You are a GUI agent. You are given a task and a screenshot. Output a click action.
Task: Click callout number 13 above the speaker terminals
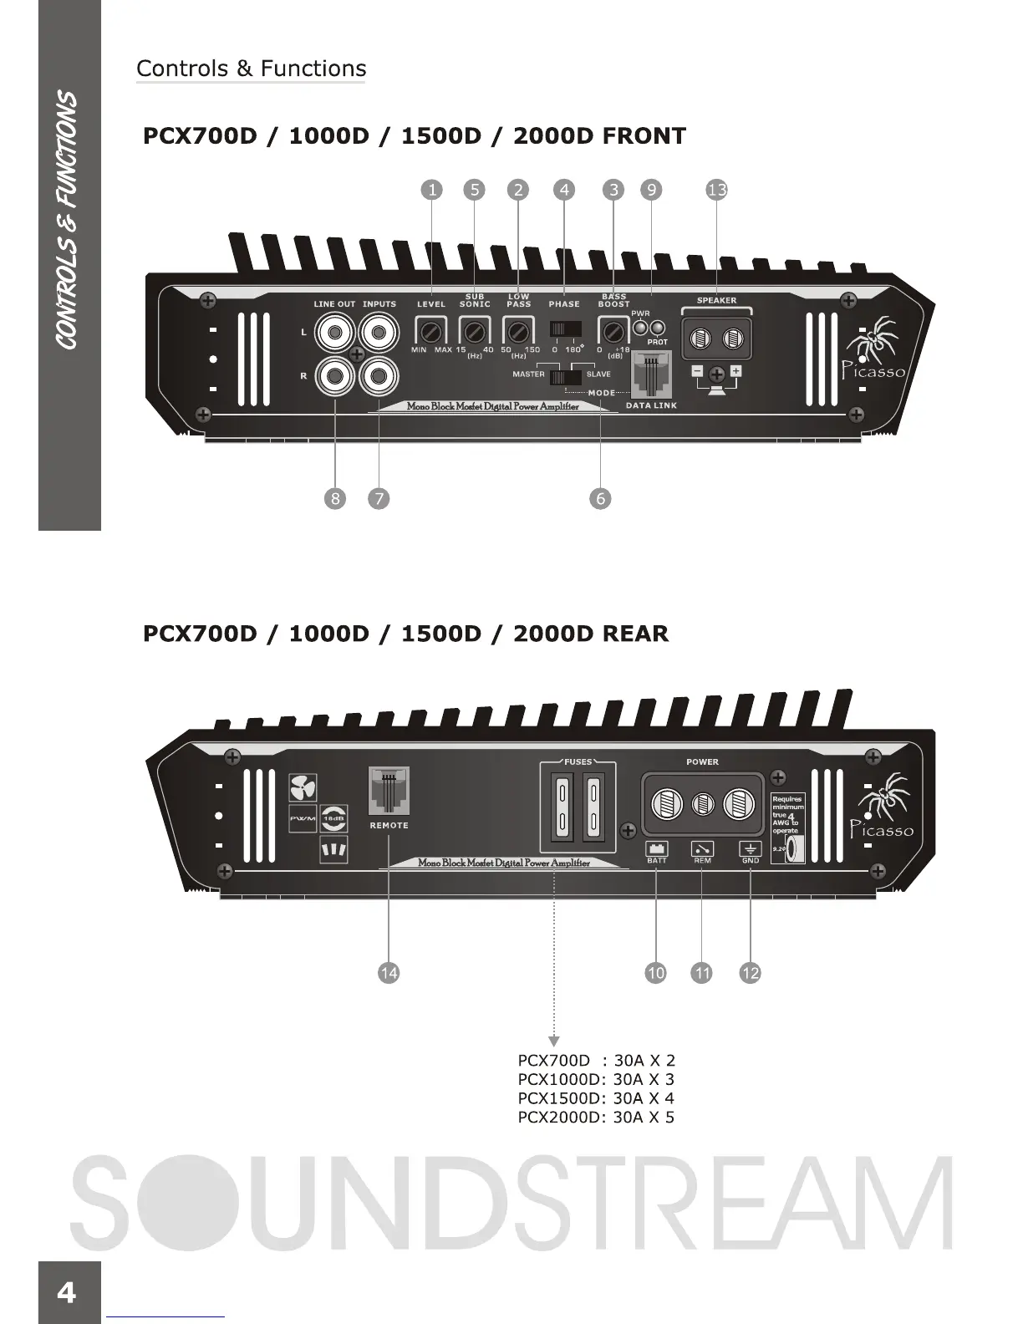pyautogui.click(x=716, y=190)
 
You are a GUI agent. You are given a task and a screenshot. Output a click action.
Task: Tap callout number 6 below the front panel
pyautogui.click(x=600, y=499)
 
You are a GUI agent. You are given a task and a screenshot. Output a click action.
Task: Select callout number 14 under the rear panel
pyautogui.click(x=389, y=973)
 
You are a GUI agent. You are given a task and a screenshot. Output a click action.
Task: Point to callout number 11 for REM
pyautogui.click(x=702, y=973)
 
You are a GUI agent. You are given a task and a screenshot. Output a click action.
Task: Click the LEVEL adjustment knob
pyautogui.click(x=430, y=331)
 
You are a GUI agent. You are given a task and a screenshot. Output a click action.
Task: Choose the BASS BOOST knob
pyautogui.click(x=613, y=330)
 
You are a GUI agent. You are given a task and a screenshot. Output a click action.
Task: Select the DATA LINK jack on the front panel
pyautogui.click(x=651, y=373)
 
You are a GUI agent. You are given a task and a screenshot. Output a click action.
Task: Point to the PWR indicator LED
pyautogui.click(x=641, y=327)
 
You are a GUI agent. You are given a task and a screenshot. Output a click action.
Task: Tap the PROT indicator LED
pyautogui.click(x=659, y=327)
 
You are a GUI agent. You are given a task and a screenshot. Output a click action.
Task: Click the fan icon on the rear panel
pyautogui.click(x=303, y=787)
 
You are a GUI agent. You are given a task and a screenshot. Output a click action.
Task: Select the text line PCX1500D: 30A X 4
pyautogui.click(x=596, y=1098)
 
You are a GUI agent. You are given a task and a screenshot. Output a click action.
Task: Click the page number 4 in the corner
pyautogui.click(x=66, y=1293)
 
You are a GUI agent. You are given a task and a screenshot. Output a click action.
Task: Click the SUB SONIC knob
pyautogui.click(x=475, y=331)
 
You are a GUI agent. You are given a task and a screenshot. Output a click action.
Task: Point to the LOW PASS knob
pyautogui.click(x=518, y=331)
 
